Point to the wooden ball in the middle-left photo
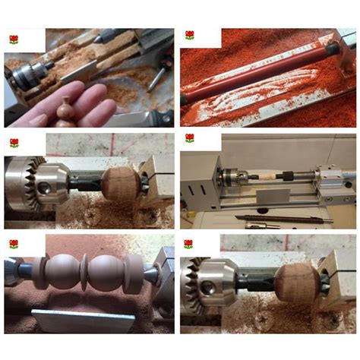coord(121,183)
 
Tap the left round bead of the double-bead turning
coord(62,273)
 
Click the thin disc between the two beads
coord(85,272)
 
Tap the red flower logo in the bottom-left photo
coord(13,244)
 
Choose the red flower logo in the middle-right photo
coord(189,138)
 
